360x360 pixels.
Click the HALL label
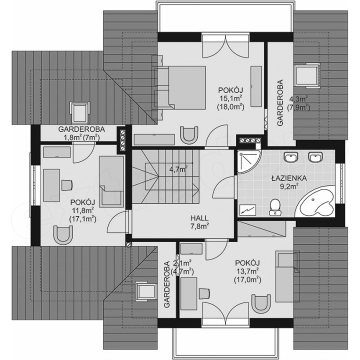[199, 218]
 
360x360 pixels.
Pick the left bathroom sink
[291, 157]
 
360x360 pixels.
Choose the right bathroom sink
[315, 157]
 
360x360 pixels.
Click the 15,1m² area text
[230, 98]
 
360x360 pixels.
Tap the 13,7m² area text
[247, 271]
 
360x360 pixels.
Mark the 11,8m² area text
[82, 211]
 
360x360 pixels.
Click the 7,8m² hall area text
[199, 226]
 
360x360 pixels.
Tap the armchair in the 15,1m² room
[189, 135]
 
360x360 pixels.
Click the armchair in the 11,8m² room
[63, 235]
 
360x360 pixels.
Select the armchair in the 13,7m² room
[261, 304]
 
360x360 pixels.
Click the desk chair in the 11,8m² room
[67, 185]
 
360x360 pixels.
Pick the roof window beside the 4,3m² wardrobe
[306, 75]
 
